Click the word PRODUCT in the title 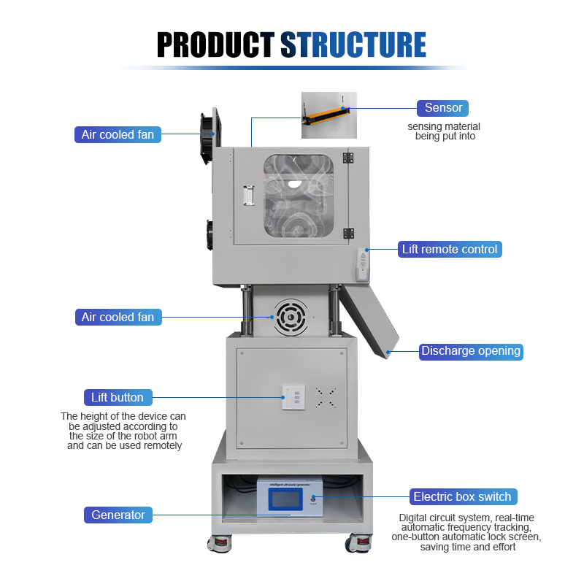pos(216,45)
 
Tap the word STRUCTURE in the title pos(353,45)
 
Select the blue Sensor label pos(443,108)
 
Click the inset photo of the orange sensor pos(329,115)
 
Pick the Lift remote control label pos(450,249)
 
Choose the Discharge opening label pos(471,351)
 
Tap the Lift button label pos(118,398)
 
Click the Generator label pos(118,515)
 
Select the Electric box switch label pos(462,497)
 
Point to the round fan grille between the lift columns pos(290,317)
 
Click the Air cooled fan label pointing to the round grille pos(118,317)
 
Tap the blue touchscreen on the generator pos(286,500)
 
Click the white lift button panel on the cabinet pos(293,398)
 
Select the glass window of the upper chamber pos(302,195)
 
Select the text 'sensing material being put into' pos(444,131)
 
